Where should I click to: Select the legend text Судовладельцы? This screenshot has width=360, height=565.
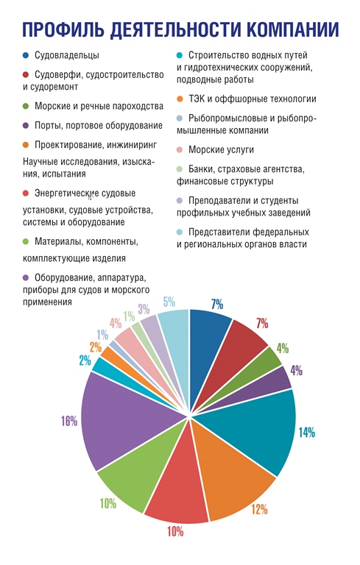click(67, 55)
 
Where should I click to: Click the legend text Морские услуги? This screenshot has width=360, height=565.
click(221, 149)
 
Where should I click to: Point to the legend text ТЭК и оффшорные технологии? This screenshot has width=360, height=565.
click(252, 99)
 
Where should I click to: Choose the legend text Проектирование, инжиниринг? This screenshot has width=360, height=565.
click(96, 145)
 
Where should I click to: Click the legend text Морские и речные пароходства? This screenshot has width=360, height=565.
click(99, 106)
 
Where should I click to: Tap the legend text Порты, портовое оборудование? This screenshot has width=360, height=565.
click(99, 125)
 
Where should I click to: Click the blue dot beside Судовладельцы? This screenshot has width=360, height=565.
click(26, 55)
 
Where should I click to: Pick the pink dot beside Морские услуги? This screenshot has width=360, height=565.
click(180, 149)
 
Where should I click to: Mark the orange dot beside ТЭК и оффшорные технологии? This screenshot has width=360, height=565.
click(180, 99)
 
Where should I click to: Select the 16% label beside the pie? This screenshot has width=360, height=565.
click(69, 421)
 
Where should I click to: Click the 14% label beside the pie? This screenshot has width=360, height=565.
click(306, 432)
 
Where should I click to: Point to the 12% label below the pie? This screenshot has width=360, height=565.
click(259, 509)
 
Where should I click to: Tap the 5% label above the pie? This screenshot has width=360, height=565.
click(169, 302)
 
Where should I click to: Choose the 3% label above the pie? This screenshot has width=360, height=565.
click(144, 309)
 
